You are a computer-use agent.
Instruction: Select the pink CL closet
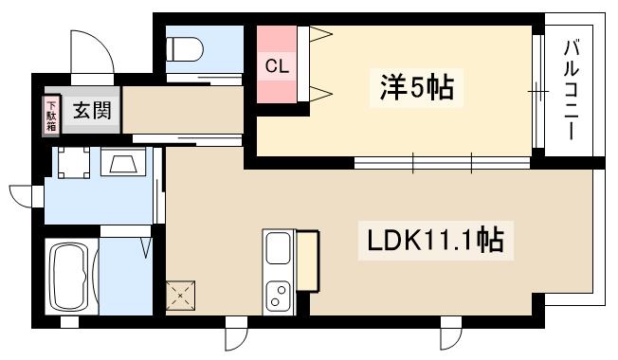coord(277,66)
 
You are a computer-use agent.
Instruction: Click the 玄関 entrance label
coord(92,111)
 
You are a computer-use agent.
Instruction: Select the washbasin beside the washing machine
coord(125,166)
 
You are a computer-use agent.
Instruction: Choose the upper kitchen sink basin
coord(279,248)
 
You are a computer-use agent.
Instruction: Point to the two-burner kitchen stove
coord(279,296)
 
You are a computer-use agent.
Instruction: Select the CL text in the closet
coord(277,66)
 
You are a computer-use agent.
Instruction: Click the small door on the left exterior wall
coord(23,196)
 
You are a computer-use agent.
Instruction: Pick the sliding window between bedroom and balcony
coord(537,92)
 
